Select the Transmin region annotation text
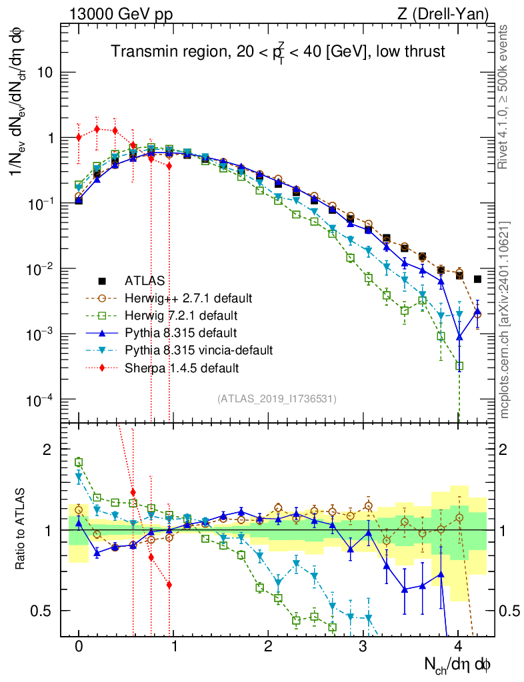point(277,52)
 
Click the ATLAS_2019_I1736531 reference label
point(277,399)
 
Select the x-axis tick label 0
point(79,646)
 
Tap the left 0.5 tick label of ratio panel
point(44,611)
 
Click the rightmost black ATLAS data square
point(477,279)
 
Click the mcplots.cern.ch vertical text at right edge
point(505,320)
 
